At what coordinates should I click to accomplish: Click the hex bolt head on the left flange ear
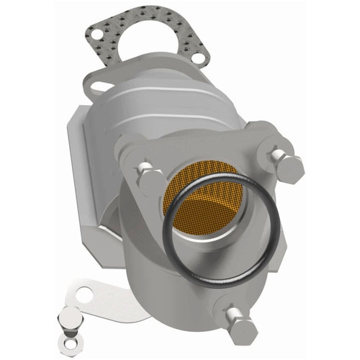pyautogui.click(x=148, y=175)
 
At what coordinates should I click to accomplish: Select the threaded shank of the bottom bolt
pyautogui.click(x=230, y=310)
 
